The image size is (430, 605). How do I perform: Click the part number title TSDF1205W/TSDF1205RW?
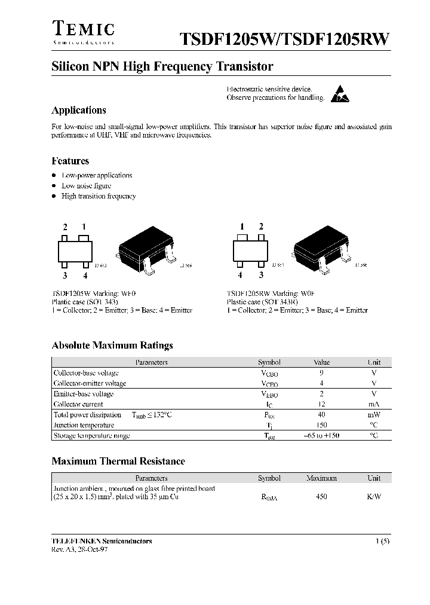285,39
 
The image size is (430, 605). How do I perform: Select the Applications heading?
79,110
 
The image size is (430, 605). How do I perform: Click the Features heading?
70,161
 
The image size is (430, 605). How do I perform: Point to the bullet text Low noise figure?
87,186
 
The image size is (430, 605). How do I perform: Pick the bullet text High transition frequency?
99,196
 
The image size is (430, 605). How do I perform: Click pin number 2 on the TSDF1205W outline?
64,227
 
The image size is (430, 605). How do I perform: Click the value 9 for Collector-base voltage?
321,372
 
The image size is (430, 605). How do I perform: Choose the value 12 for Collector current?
321,404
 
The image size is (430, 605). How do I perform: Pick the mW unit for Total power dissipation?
374,414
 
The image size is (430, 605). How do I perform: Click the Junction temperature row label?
84,425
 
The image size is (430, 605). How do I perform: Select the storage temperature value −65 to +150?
321,436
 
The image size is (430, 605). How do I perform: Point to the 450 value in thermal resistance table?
321,497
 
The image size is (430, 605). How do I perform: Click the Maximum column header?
321,478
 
